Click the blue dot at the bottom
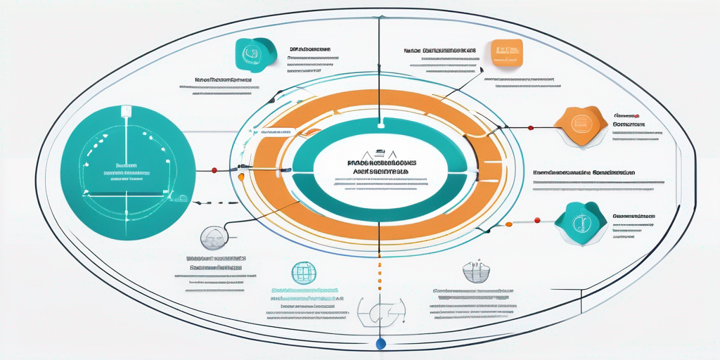[380, 344]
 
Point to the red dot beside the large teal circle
[214, 169]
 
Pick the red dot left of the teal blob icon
[538, 221]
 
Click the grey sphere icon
[213, 238]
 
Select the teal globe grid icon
[301, 271]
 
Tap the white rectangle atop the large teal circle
[127, 110]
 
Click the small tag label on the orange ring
[277, 131]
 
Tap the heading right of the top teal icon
[310, 50]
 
